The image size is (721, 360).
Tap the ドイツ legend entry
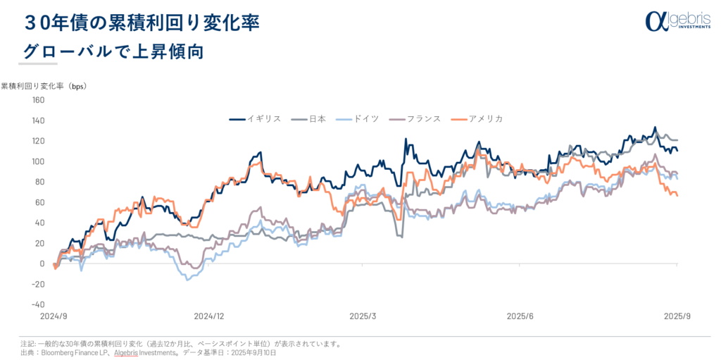[x=358, y=118]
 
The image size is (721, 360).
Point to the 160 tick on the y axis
[x=38, y=100]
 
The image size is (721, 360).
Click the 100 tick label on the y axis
[x=38, y=161]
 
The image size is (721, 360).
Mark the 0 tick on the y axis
[x=42, y=264]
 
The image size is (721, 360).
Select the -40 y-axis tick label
[x=37, y=305]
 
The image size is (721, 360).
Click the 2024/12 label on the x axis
[x=209, y=317]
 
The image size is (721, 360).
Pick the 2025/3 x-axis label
[x=364, y=317]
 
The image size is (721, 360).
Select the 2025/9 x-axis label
[x=676, y=317]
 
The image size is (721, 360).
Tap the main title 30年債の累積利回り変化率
[x=142, y=23]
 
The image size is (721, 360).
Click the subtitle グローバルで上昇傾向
[x=113, y=51]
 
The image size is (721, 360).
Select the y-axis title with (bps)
[x=43, y=86]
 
